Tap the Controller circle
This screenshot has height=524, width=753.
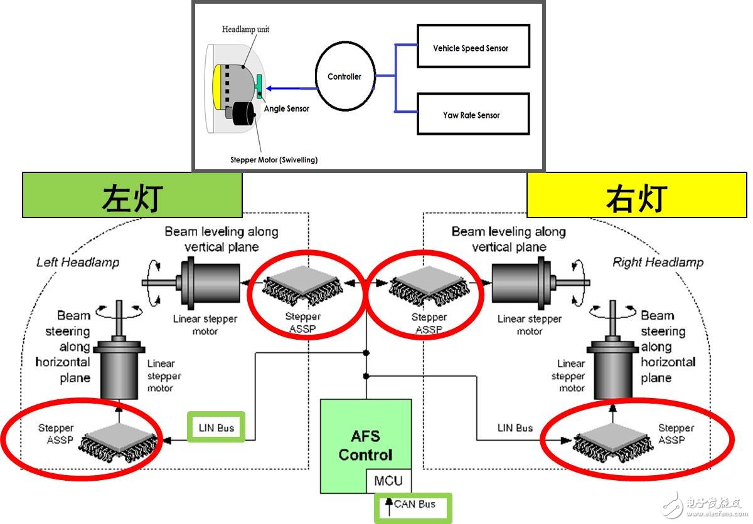[x=344, y=77]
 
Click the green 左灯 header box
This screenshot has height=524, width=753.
[x=132, y=196]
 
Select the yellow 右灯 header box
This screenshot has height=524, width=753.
[x=636, y=196]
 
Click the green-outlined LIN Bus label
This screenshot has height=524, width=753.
[x=216, y=427]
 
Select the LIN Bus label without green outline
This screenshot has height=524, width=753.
[x=515, y=427]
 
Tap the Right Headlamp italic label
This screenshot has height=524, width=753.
[x=658, y=262]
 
